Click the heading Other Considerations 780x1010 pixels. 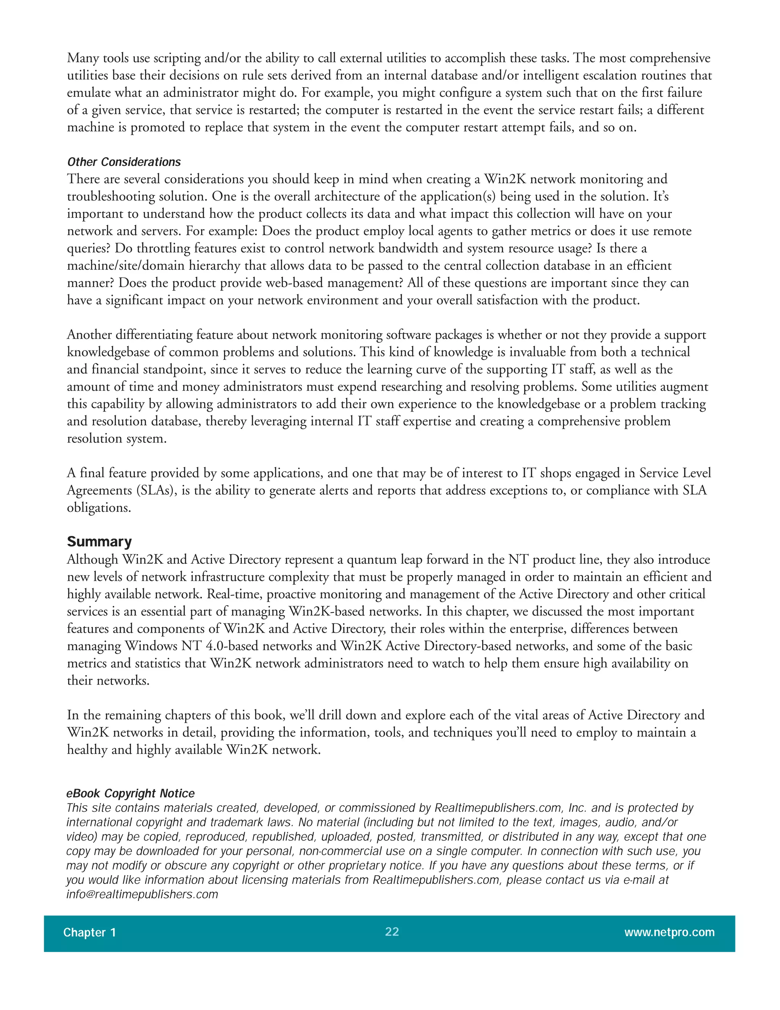[x=124, y=162]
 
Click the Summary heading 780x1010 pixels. [x=99, y=542]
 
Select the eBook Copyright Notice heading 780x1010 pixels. [x=130, y=794]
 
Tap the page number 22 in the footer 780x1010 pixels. [x=392, y=932]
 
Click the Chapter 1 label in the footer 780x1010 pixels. [x=89, y=932]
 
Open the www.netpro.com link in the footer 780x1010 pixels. [x=669, y=932]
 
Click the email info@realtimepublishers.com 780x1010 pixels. [x=142, y=895]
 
